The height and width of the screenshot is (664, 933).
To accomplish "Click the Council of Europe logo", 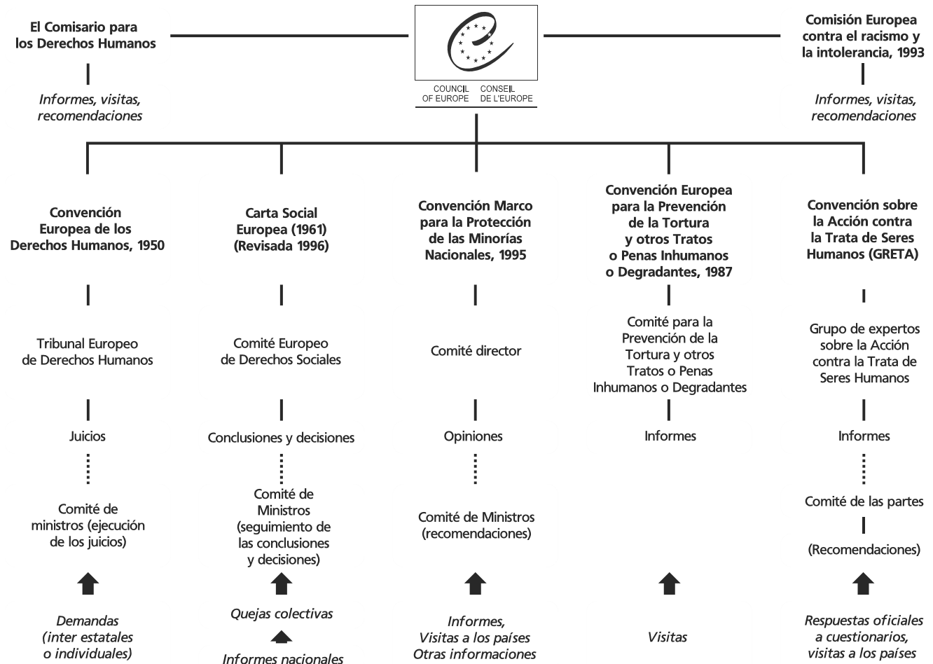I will pyautogui.click(x=476, y=43).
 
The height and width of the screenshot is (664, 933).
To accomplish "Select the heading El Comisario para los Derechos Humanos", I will pyautogui.click(x=88, y=35).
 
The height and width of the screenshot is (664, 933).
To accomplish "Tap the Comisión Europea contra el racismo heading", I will pyautogui.click(x=862, y=36).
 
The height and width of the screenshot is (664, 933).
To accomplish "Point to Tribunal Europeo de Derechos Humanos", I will pyautogui.click(x=88, y=352).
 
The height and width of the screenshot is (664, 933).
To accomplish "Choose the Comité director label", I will pyautogui.click(x=476, y=351).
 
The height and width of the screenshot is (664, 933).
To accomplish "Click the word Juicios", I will pyautogui.click(x=88, y=436).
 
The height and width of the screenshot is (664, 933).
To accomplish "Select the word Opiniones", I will pyautogui.click(x=474, y=436).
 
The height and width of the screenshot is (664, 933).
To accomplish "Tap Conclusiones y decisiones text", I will pyautogui.click(x=281, y=438).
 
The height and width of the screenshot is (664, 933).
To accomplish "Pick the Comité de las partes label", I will pyautogui.click(x=864, y=502).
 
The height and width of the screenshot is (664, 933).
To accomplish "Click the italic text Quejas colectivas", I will pyautogui.click(x=282, y=614).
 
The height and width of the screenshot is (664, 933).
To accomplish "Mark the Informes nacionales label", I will pyautogui.click(x=282, y=658).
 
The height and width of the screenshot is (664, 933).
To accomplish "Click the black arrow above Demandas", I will pyautogui.click(x=88, y=584).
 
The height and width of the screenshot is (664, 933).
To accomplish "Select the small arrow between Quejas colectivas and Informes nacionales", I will pyautogui.click(x=282, y=636).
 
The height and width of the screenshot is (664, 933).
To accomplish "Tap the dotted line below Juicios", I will pyautogui.click(x=88, y=469).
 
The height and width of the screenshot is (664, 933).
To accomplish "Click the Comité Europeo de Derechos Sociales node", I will pyautogui.click(x=281, y=352).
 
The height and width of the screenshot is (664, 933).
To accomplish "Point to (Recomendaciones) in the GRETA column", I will pyautogui.click(x=864, y=550).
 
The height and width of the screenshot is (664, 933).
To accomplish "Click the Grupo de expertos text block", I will pyautogui.click(x=864, y=353).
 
